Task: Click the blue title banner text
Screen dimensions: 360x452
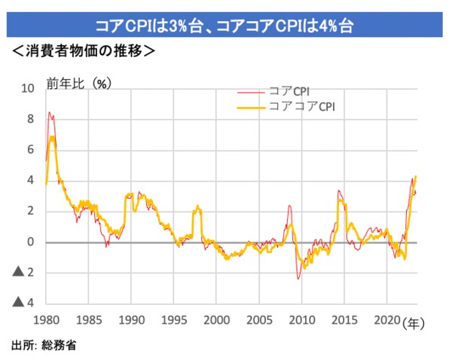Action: [225, 26]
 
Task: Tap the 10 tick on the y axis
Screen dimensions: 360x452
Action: [27, 88]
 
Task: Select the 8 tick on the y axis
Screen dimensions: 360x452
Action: [30, 119]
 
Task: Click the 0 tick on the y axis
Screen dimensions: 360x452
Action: [30, 242]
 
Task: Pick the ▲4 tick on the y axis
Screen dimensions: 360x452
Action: [23, 303]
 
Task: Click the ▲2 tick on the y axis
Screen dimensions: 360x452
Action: [23, 273]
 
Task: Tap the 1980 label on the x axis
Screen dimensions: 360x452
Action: [47, 319]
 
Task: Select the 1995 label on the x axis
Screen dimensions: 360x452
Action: [174, 319]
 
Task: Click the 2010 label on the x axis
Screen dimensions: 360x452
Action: [301, 319]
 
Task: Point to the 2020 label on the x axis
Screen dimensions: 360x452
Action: [386, 319]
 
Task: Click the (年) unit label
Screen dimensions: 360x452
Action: [414, 322]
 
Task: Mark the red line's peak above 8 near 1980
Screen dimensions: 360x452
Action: [50, 112]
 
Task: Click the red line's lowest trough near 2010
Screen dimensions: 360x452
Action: [298, 279]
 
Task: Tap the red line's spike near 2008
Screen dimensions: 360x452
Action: [290, 206]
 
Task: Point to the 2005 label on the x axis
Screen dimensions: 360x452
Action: [259, 319]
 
